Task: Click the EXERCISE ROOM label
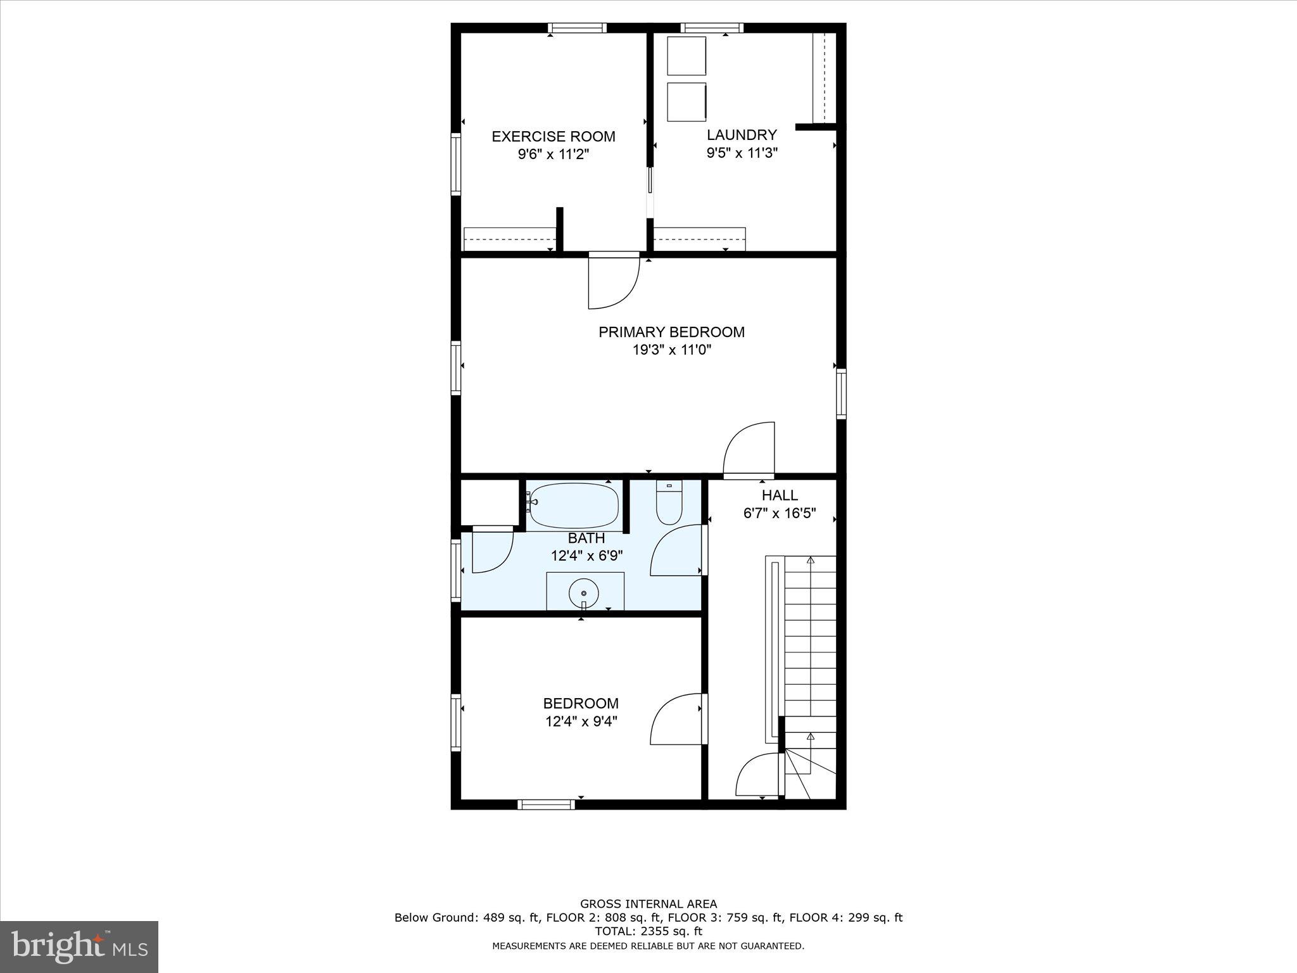tap(554, 136)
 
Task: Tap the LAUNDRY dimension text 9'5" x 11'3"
tap(742, 153)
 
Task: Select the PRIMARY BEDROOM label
tap(671, 332)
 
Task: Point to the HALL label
tap(780, 495)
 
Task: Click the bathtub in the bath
tap(574, 506)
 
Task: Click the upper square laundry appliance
tap(686, 56)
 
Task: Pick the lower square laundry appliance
tap(686, 101)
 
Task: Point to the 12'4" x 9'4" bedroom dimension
tap(581, 721)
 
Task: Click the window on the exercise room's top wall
tap(577, 28)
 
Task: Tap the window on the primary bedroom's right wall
tap(841, 393)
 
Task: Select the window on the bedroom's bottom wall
tap(546, 804)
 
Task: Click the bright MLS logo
tap(79, 947)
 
